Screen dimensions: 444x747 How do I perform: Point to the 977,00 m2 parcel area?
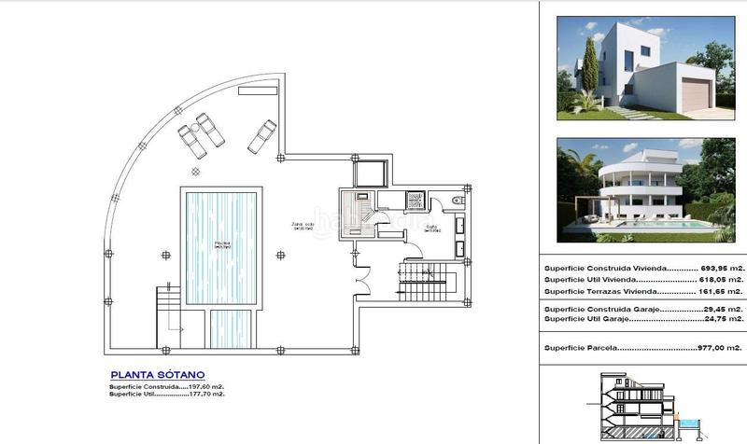719,349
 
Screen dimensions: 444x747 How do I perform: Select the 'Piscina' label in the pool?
221,244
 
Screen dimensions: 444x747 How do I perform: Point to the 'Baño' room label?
431,227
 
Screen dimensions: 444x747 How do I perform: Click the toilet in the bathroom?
456,200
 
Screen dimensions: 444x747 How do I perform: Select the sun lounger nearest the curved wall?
190,142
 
